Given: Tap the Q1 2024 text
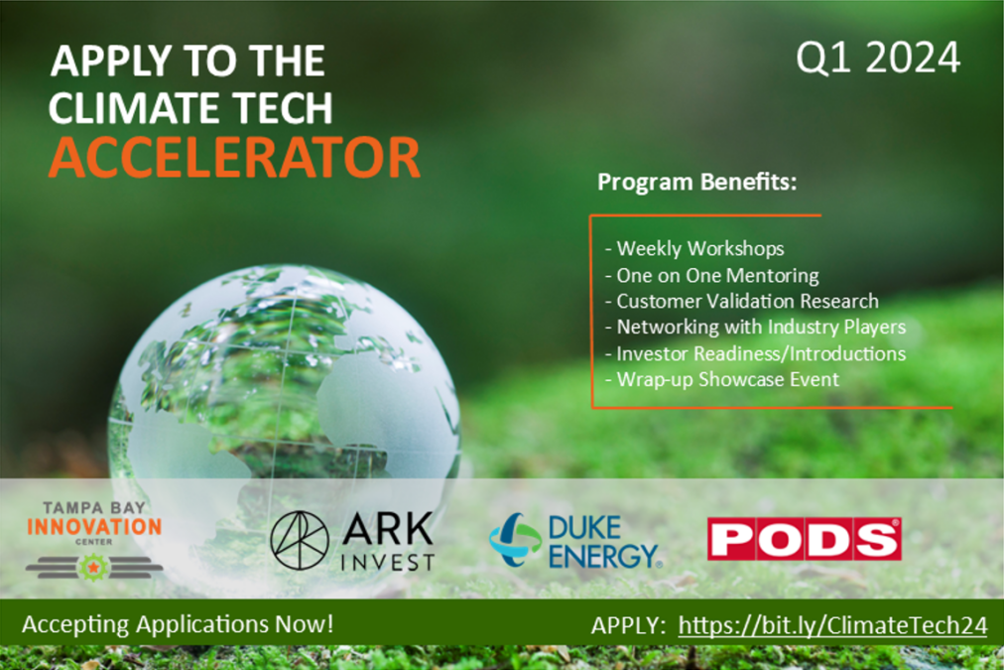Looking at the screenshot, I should pyautogui.click(x=879, y=59).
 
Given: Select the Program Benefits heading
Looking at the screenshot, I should pyautogui.click(x=697, y=184).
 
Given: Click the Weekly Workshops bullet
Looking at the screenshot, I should pyautogui.click(x=694, y=248).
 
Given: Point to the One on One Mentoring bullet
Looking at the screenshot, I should pyautogui.click(x=711, y=275).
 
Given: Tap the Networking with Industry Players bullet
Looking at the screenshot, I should pyautogui.click(x=754, y=327).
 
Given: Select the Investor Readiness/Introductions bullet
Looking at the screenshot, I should pyautogui.click(x=754, y=352).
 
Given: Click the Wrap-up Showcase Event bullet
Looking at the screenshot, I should pyautogui.click(x=721, y=378).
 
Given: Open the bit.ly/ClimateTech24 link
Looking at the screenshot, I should pyautogui.click(x=832, y=625).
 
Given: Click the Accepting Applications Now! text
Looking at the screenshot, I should pyautogui.click(x=178, y=625).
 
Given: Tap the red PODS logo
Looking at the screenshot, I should pyautogui.click(x=804, y=539).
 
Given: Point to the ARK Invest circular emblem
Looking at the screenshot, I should pyautogui.click(x=300, y=541).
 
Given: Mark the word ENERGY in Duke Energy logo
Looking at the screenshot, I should pyautogui.click(x=603, y=556).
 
